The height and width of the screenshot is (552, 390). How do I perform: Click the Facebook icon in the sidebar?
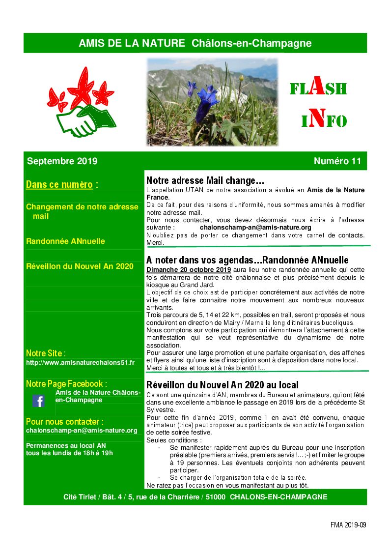39,401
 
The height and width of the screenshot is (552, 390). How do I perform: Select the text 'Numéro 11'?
337,161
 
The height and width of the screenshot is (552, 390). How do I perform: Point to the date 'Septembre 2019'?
62,161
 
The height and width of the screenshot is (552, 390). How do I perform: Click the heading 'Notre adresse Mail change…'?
205,180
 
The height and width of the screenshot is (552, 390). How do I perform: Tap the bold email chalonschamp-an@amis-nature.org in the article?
255,228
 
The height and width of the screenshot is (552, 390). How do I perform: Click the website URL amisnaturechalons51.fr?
80,362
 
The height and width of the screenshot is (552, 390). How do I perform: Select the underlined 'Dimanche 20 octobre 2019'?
189,270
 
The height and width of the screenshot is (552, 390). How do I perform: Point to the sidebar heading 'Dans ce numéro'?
59,185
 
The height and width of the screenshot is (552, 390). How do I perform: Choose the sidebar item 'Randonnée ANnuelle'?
65,241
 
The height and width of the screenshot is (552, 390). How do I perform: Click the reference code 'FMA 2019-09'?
348,524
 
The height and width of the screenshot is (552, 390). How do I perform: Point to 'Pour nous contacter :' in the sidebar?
65,421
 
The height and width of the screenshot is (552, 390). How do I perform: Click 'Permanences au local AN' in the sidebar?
66,445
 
